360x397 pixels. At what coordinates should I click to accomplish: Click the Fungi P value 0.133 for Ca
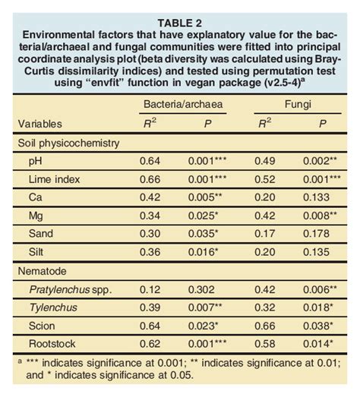click(319, 197)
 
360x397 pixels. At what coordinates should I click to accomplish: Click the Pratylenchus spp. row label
click(68, 290)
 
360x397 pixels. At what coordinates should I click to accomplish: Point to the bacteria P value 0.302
click(203, 290)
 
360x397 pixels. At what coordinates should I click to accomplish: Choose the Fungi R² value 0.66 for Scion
click(261, 326)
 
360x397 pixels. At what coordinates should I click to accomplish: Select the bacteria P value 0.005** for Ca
click(206, 197)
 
